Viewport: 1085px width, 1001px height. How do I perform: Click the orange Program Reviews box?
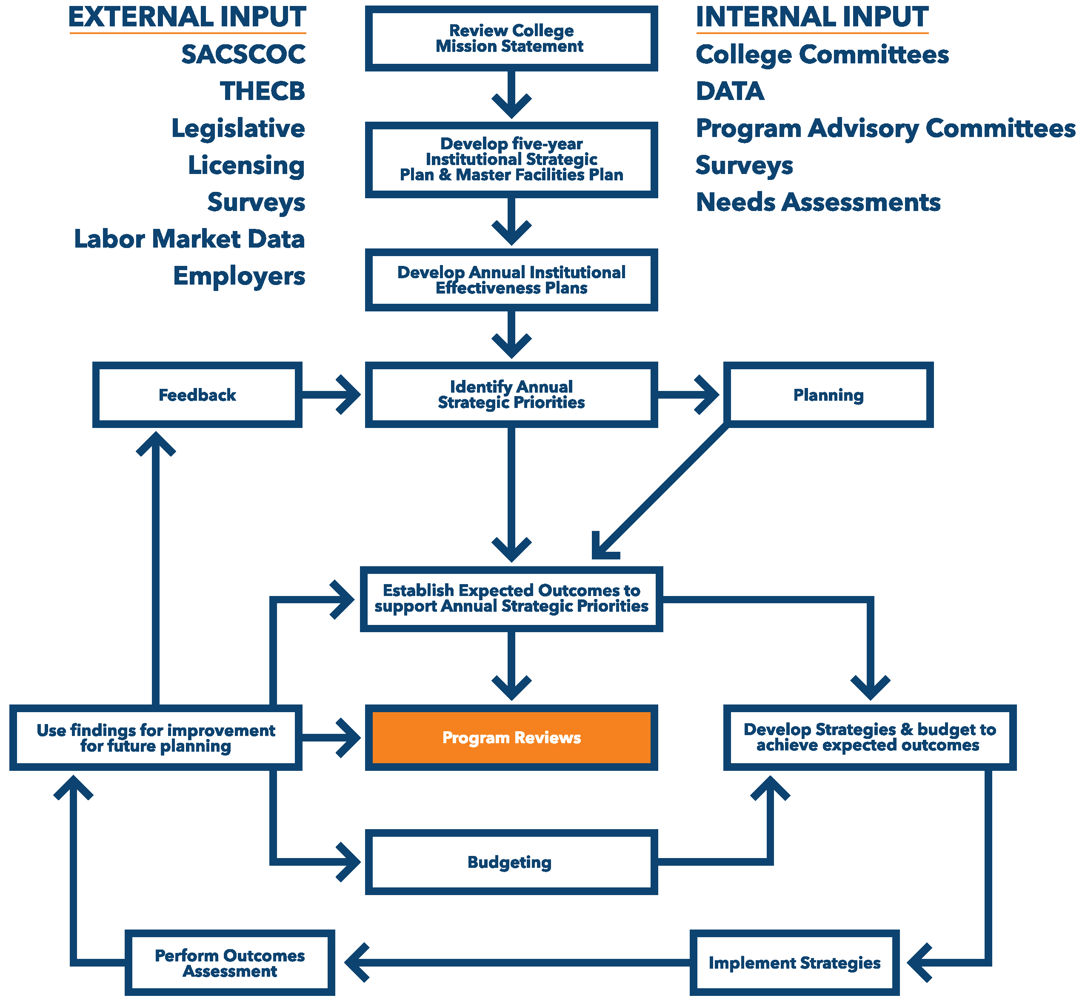[x=511, y=737]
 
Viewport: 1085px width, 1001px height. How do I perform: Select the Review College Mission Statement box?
[x=511, y=38]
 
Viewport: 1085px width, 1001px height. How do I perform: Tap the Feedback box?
[x=197, y=395]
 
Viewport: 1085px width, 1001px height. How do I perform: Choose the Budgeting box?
[x=511, y=862]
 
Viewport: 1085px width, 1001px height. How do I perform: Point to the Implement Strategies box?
[x=794, y=963]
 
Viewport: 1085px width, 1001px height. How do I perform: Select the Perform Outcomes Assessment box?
[x=230, y=963]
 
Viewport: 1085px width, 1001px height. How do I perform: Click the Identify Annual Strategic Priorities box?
[x=511, y=395]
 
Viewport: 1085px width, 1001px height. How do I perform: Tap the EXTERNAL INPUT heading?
[x=187, y=17]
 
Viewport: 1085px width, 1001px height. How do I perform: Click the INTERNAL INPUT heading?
[x=811, y=17]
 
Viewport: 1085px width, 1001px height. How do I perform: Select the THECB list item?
[x=262, y=91]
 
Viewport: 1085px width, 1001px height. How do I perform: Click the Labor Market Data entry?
[x=190, y=239]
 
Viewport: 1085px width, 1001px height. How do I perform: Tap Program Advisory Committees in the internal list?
[x=885, y=128]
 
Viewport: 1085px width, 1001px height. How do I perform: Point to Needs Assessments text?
[x=818, y=202]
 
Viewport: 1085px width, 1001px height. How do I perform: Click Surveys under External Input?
[x=256, y=202]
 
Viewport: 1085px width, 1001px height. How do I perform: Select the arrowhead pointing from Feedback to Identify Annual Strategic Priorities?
[x=349, y=395]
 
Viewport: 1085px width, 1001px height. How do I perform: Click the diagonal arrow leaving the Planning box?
[x=661, y=491]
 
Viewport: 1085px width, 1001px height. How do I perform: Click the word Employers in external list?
[x=239, y=276]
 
